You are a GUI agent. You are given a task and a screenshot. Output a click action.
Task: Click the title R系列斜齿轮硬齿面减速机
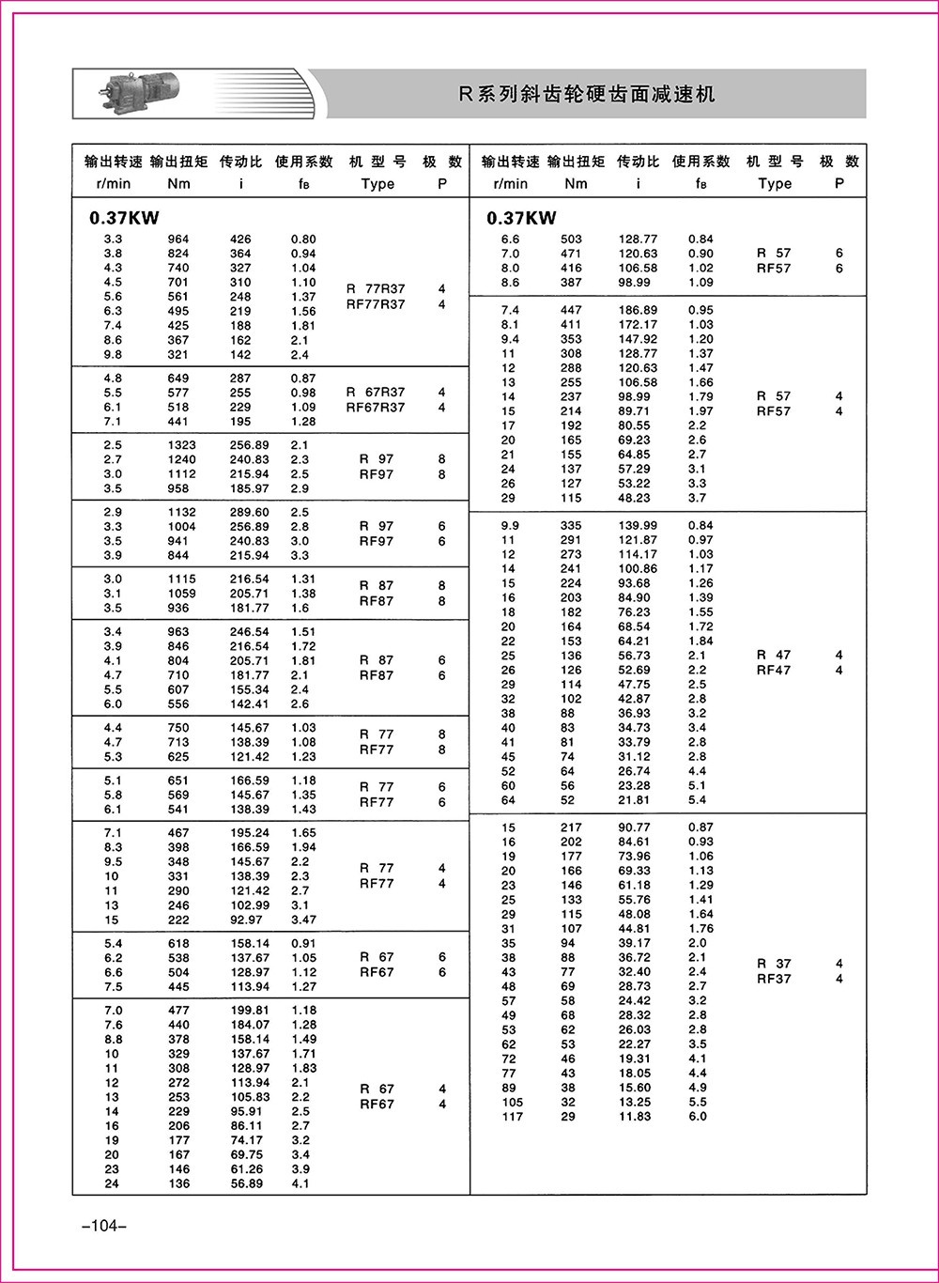[586, 94]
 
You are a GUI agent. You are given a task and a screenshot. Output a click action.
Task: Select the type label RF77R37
[376, 304]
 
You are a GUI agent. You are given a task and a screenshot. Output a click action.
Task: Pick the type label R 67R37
[376, 393]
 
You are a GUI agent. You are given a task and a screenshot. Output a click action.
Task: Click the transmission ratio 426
[240, 240]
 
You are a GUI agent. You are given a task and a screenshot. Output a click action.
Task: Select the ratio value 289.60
[249, 513]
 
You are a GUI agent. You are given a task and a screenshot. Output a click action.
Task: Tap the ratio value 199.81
[249, 1011]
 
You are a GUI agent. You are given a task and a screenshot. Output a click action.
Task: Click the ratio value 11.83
[637, 1117]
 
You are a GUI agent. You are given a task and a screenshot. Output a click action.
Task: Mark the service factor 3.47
[303, 920]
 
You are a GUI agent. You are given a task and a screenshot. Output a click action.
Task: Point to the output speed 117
[512, 1117]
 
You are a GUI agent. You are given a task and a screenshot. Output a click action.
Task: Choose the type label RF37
[774, 979]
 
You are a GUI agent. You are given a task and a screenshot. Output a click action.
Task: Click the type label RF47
[774, 671]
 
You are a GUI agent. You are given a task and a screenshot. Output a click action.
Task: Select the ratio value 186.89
[638, 310]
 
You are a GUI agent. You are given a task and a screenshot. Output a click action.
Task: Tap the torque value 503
[571, 240]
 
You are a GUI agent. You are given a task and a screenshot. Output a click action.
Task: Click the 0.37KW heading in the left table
[124, 219]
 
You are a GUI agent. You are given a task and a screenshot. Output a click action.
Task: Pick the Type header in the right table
[775, 184]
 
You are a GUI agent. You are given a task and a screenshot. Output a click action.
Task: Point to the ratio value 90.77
[637, 827]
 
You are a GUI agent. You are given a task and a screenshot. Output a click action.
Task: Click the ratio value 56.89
[249, 1184]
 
